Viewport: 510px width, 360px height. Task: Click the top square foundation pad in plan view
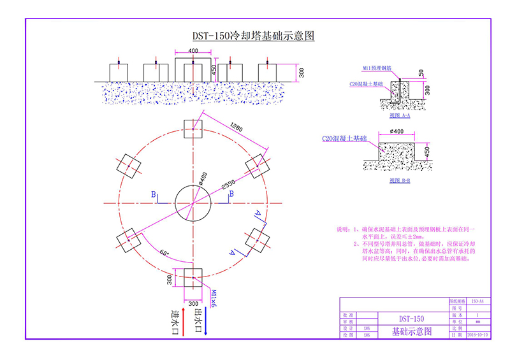[193, 128]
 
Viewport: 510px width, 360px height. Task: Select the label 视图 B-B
[399, 180]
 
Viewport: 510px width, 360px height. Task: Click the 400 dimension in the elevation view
[193, 50]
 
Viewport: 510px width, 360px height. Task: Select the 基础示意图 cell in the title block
[411, 331]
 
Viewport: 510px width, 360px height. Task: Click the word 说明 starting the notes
[342, 228]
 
